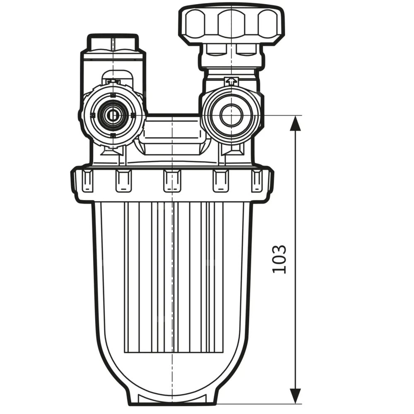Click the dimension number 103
point(280,259)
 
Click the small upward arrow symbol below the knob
point(231,81)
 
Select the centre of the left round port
point(112,116)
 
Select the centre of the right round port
point(231,116)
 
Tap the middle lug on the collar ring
point(171,181)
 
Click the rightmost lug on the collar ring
point(257,181)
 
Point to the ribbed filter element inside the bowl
point(174,282)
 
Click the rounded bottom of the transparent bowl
point(172,381)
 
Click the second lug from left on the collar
point(123,181)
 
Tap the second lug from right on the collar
point(221,181)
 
